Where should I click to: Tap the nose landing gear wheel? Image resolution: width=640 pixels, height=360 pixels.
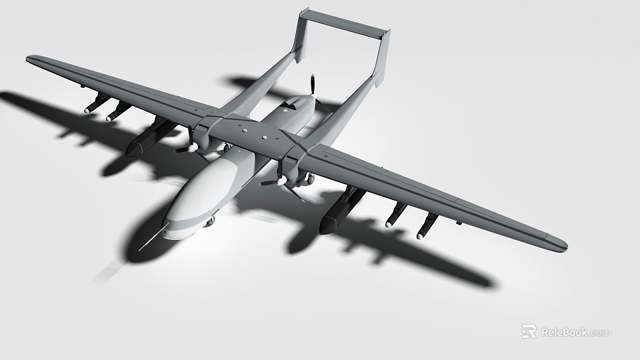point(209,222)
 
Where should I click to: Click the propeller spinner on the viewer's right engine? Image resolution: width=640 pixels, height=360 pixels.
point(281,179)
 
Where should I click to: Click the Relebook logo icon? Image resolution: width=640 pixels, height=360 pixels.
point(529,331)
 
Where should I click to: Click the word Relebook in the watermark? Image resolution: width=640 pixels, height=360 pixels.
point(564,332)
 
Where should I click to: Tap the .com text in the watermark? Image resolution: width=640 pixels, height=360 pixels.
point(599,332)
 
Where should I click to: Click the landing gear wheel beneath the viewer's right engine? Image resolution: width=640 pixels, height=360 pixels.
point(309,179)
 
